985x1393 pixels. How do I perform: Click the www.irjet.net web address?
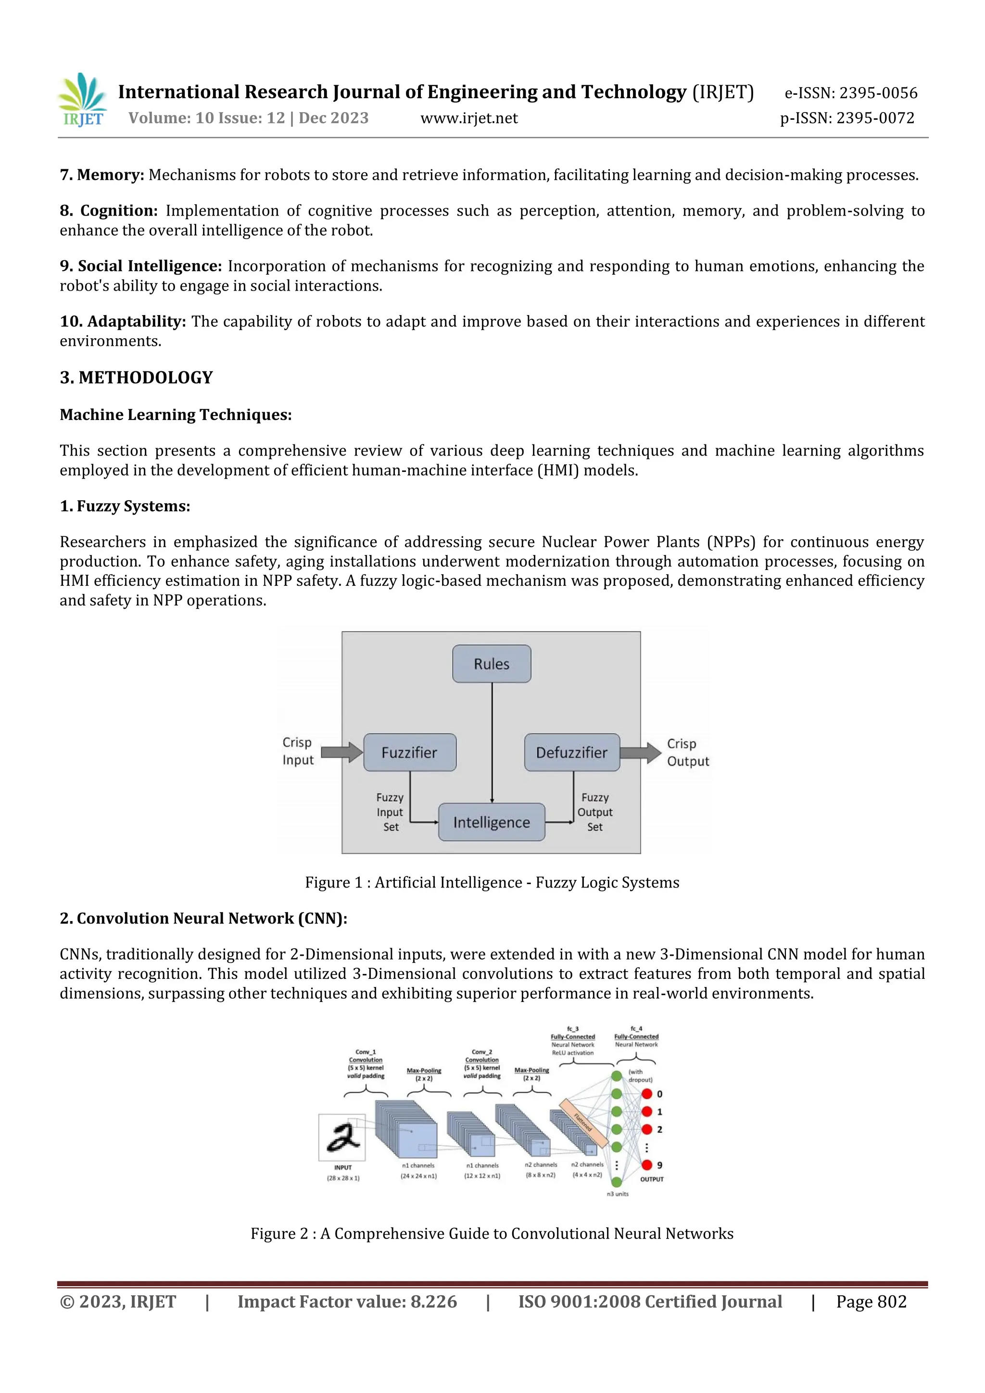(x=469, y=118)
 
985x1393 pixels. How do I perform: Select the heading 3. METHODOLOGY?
(x=137, y=378)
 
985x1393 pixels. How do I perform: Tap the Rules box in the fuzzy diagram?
(x=491, y=664)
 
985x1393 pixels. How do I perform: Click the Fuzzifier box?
(x=409, y=752)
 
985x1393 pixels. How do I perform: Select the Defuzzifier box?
(x=571, y=752)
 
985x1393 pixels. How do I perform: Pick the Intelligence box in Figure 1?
(x=491, y=822)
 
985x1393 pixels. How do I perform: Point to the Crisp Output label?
(x=687, y=752)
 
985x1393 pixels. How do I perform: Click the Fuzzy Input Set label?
(x=390, y=812)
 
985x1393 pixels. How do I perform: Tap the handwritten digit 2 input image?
(x=342, y=1137)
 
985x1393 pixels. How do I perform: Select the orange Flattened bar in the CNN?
(x=583, y=1122)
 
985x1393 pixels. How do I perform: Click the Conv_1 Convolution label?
(x=366, y=1056)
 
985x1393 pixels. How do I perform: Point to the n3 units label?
(x=618, y=1194)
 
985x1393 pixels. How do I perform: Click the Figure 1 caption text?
(x=492, y=882)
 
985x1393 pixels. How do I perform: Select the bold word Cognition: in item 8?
(x=118, y=211)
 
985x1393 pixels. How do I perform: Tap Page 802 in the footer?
(x=871, y=1302)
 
